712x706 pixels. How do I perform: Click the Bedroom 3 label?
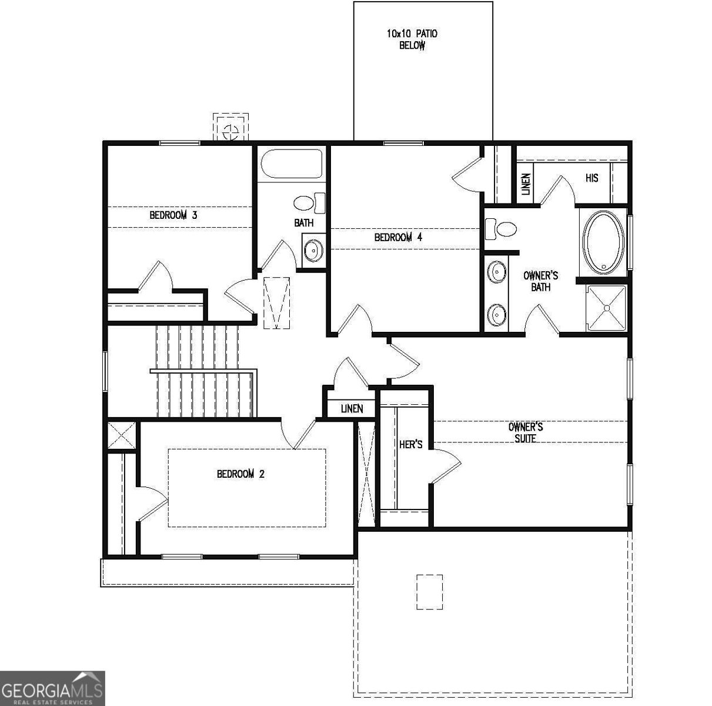tap(173, 215)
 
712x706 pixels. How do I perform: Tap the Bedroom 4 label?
tap(399, 238)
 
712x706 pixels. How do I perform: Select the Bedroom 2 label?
tap(240, 474)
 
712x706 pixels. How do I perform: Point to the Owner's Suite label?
tap(525, 432)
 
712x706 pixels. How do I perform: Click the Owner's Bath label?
tap(540, 281)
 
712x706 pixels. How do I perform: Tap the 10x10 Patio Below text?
tap(412, 39)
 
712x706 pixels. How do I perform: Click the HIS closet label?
tap(591, 178)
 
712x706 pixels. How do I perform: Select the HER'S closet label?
tap(410, 445)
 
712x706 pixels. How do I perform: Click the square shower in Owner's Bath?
tap(608, 307)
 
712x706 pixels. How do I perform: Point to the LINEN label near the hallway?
tap(352, 409)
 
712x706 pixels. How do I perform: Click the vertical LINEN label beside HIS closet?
tap(526, 184)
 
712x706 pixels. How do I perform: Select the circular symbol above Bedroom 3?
tap(230, 129)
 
